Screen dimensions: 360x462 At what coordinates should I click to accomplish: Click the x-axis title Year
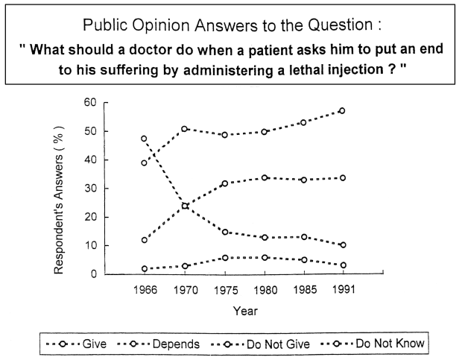coord(243,312)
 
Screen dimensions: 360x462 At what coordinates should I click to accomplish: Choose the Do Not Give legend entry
coord(275,344)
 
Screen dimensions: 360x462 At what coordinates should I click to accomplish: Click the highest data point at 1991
coord(342,111)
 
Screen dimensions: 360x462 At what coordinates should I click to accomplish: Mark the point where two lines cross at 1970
coord(184,206)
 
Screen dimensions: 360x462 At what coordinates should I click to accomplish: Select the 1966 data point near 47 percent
coord(143,139)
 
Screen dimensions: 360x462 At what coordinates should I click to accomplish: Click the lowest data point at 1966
coord(143,269)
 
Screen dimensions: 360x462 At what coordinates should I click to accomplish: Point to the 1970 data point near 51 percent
coord(184,129)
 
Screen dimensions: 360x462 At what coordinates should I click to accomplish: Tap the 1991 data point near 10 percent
coord(342,245)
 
